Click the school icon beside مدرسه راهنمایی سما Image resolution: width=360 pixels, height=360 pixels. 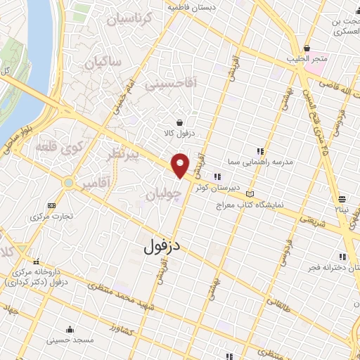[x=260, y=150]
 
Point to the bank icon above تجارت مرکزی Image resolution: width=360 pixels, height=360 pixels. [x=50, y=205]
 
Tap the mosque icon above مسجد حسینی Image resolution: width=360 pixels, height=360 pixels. [x=69, y=328]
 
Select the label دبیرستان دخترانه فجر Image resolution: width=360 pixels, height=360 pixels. [x=323, y=269]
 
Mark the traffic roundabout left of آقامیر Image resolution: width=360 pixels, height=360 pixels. [x=69, y=183]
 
